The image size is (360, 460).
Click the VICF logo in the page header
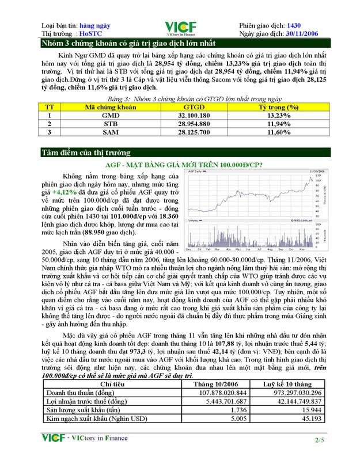180,28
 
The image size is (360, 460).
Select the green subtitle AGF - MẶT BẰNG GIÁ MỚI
180,165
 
